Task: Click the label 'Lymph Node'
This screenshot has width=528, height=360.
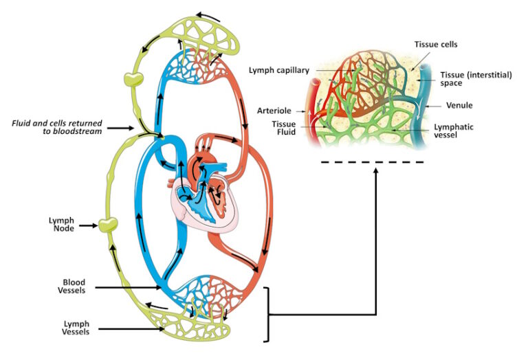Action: coord(61,224)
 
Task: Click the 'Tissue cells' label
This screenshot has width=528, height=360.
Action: coord(435,45)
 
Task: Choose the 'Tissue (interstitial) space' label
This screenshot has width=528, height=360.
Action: coord(476,78)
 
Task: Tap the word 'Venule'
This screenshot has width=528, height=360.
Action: coord(459,106)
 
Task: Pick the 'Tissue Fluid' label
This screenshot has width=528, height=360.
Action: coord(283,128)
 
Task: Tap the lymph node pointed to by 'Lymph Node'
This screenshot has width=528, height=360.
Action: coord(106,224)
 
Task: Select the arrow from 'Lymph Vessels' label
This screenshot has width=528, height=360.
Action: coord(131,330)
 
